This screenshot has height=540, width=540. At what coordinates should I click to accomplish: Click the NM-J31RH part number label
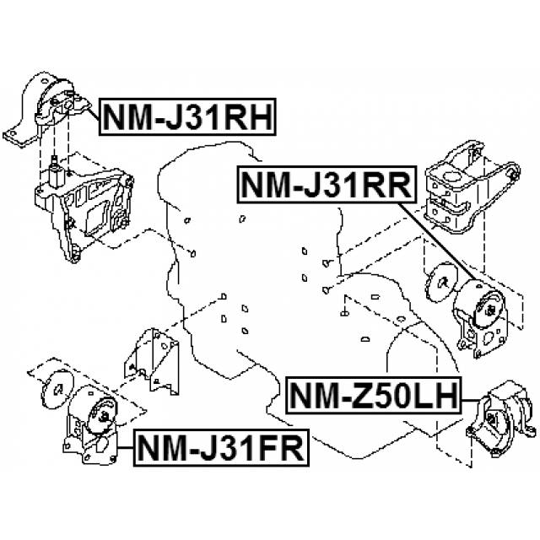click(187, 116)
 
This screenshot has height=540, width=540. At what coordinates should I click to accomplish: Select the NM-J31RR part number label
click(327, 184)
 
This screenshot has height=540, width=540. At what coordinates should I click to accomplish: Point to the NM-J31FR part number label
click(221, 447)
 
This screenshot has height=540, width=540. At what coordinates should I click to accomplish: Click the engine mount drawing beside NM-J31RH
click(47, 110)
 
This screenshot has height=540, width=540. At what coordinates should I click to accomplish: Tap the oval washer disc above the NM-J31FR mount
click(57, 390)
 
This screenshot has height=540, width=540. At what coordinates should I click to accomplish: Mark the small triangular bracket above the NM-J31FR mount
click(152, 362)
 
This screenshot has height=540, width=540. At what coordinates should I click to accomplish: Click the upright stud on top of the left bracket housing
click(54, 171)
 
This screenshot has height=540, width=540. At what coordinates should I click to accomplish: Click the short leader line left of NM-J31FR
click(126, 447)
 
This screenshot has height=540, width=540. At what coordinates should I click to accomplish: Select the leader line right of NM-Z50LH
click(471, 401)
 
